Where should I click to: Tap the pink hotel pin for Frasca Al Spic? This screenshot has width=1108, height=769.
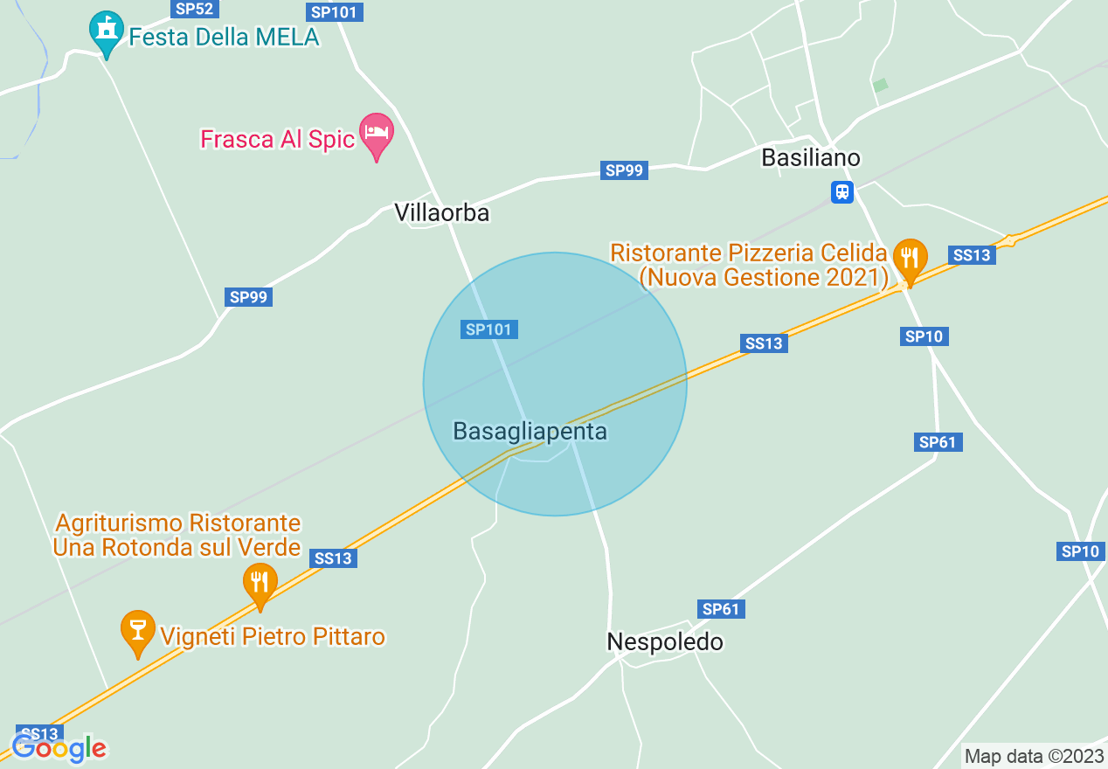coord(377,134)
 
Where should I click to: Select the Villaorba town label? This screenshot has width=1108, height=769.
coord(441,212)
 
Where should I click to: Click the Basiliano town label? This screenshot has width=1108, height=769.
coord(811,157)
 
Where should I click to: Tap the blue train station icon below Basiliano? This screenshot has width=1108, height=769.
coord(841,191)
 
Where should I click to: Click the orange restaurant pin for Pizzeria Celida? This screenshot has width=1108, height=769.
coord(910,259)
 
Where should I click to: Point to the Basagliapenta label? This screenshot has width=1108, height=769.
coord(530,431)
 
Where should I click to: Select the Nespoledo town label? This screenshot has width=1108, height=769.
coord(665,642)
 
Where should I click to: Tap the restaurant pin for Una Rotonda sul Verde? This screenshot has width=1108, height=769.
coord(260,583)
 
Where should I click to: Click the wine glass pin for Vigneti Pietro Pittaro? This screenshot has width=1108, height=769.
coord(137,630)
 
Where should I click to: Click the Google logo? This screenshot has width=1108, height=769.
coord(59,748)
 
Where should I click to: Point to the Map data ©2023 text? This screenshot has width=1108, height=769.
coord(1034,756)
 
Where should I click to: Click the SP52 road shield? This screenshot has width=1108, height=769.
coord(195,9)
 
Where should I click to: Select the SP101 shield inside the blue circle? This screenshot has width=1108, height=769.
coord(489,329)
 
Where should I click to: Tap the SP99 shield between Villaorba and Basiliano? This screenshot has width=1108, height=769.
coord(625,170)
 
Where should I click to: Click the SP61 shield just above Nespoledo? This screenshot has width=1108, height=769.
coord(721,609)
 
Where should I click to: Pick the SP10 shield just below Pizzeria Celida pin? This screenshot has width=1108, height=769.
coord(924,336)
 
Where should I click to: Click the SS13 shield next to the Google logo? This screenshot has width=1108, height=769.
coord(39,733)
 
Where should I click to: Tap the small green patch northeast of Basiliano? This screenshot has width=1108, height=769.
coord(880,85)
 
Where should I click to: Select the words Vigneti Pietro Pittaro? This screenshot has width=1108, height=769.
coord(273,636)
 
